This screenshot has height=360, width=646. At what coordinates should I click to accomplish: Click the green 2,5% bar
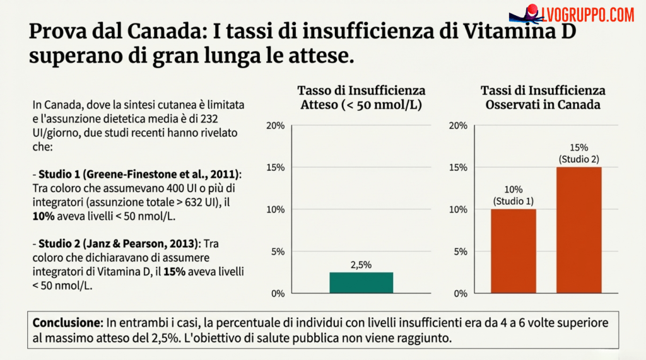(x=361, y=282)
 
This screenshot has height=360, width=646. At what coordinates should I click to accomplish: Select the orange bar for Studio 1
(x=513, y=251)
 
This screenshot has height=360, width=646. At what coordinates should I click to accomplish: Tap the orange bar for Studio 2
(x=578, y=229)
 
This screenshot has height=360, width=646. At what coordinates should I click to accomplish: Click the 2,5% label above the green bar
(x=361, y=265)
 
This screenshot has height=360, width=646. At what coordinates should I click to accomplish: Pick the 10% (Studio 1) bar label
(x=513, y=196)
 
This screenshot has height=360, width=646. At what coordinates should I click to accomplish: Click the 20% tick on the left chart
(x=276, y=125)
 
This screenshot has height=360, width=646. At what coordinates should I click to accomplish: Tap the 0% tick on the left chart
(x=278, y=293)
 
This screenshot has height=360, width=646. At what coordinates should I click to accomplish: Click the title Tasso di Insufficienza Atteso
(x=361, y=98)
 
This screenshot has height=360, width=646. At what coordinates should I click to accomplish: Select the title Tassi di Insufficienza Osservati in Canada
(x=543, y=98)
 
